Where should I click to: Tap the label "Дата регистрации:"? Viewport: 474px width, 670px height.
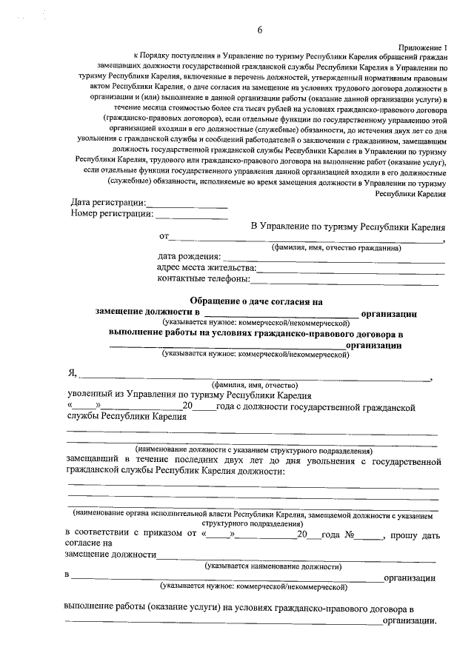pyautogui.click(x=109, y=203)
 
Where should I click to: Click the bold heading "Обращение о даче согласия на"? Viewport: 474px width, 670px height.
pyautogui.click(x=257, y=301)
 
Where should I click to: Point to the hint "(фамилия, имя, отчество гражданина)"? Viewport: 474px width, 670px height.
pyautogui.click(x=336, y=248)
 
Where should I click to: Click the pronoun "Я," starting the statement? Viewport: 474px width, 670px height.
pyautogui.click(x=71, y=374)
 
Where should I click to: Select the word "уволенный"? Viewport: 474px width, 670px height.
pyautogui.click(x=90, y=395)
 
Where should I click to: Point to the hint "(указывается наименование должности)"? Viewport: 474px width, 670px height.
pyautogui.click(x=273, y=566)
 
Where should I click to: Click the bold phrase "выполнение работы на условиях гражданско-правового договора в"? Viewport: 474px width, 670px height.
pyautogui.click(x=256, y=334)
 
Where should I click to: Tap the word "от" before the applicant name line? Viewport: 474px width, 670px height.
pyautogui.click(x=164, y=237)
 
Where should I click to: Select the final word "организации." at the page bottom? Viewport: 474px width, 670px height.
pyautogui.click(x=409, y=621)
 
